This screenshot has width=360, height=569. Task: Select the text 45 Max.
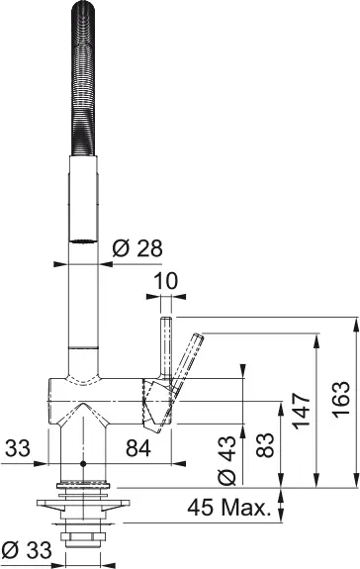[x=229, y=510]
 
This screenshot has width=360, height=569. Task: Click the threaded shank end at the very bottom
[x=83, y=542]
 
